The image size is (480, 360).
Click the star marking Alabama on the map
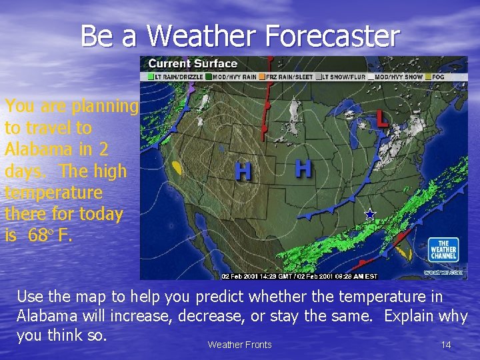(370, 215)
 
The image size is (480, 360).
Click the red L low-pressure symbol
(381, 119)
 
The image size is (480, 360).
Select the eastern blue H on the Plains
(303, 168)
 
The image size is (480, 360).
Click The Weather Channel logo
(443, 249)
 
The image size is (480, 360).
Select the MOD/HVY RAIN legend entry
(230, 77)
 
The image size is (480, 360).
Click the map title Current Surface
(192, 64)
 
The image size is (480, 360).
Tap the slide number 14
(446, 345)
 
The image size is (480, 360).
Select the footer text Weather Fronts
(239, 345)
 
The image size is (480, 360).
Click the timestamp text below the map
(299, 276)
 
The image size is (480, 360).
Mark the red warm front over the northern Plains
(266, 110)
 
